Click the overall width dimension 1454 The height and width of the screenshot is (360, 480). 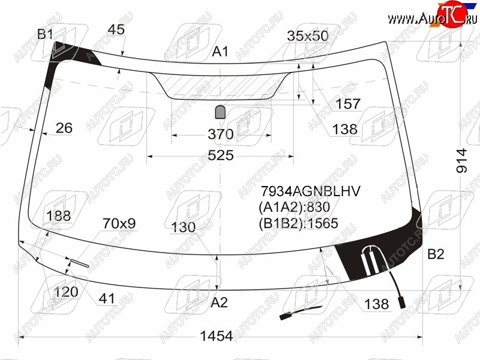(x=216, y=336)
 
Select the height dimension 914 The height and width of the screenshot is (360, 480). (x=461, y=161)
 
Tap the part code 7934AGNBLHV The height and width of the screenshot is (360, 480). (x=310, y=191)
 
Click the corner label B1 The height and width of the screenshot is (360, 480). (x=45, y=34)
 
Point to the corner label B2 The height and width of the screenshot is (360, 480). (x=436, y=254)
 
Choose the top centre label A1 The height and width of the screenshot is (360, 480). (x=220, y=52)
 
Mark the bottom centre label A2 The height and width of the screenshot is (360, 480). (x=219, y=302)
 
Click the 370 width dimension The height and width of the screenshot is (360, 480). (x=221, y=134)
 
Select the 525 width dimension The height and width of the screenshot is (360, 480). (x=221, y=155)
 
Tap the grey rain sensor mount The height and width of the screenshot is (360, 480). (x=220, y=112)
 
